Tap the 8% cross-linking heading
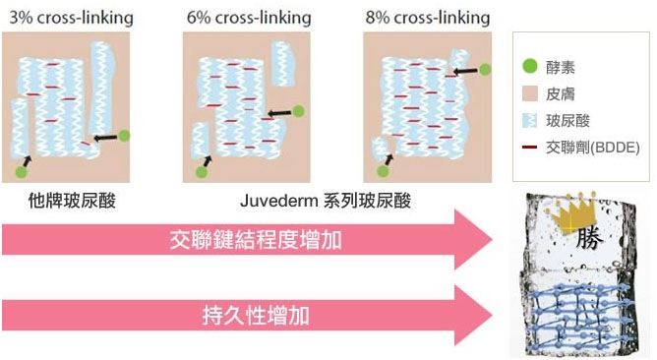point(429,18)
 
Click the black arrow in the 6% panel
point(280,112)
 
